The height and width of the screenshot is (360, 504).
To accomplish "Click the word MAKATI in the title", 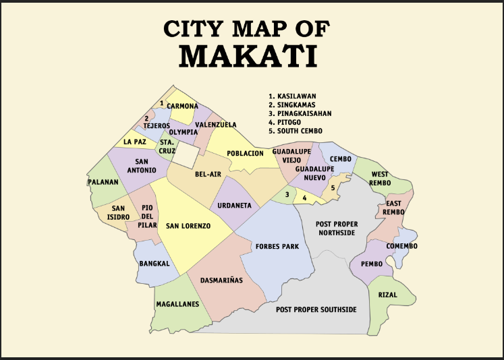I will point(248,55).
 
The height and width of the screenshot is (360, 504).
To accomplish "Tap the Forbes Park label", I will point(277,247).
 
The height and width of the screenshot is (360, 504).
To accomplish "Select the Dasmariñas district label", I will point(221,279).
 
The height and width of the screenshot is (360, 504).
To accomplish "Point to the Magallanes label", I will point(177,304).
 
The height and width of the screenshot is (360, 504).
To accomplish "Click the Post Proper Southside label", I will point(316,309).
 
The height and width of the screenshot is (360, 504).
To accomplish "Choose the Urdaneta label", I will point(231,205).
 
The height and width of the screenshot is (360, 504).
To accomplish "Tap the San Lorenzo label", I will point(188,226).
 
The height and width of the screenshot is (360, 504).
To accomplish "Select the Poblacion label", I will point(245,154).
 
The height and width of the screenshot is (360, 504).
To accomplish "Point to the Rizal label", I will point(387,295).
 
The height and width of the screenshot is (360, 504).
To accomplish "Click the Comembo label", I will point(401,246).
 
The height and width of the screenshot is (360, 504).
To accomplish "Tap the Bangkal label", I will point(154,264).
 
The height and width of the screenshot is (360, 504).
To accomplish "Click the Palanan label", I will point(103,182).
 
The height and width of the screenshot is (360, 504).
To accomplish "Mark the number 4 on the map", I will point(304,198).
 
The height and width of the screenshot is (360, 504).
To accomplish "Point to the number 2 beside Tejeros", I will point(146,118).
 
